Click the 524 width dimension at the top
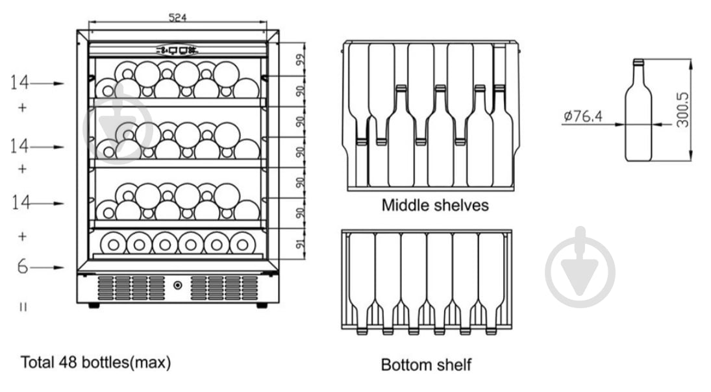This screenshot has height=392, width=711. tap(177, 18)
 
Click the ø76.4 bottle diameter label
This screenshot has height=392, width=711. tap(583, 117)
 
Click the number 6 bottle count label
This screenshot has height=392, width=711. tap(23, 266)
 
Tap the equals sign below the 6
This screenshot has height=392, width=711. tap(23, 307)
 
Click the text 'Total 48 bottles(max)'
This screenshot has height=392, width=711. tap(96, 362)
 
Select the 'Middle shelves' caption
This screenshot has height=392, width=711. tap(434, 206)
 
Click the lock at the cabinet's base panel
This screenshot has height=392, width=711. tap(177, 284)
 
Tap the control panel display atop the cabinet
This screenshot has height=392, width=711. tap(177, 49)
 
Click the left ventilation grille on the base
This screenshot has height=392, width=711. tap(131, 288)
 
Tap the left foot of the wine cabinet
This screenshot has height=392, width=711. tap(94, 305)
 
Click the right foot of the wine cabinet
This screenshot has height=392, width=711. tap(262, 305)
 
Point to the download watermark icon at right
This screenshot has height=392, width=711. tap(580, 267)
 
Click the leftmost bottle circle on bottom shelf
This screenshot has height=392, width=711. tap(114, 243)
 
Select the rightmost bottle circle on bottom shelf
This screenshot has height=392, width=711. tap(242, 243)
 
